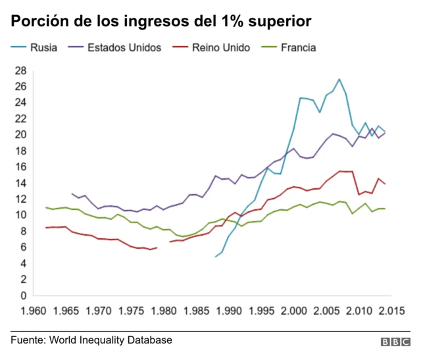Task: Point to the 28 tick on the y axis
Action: point(20,70)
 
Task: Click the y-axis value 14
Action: point(20,183)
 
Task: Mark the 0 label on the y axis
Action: point(22,296)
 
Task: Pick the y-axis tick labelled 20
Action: point(20,135)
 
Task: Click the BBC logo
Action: point(395,342)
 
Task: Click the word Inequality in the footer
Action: point(103,340)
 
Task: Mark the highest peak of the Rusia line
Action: point(339,79)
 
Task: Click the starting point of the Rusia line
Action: point(216,257)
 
